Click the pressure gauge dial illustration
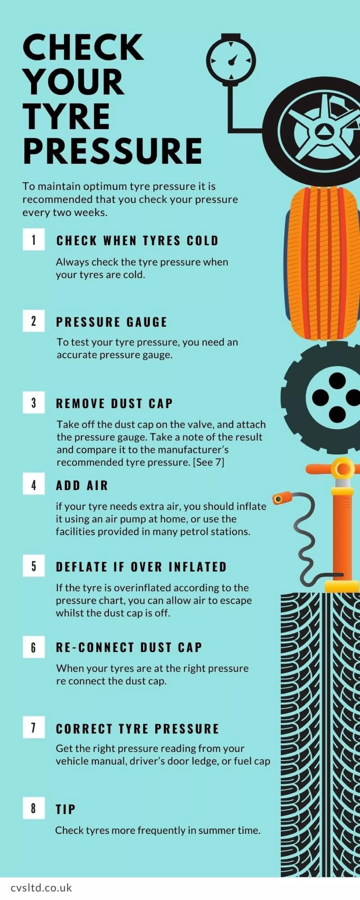(231, 60)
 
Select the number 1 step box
(34, 240)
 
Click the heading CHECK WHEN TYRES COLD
(137, 241)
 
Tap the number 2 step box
(34, 321)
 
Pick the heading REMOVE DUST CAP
(114, 404)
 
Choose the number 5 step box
(34, 566)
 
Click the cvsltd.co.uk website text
(41, 888)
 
